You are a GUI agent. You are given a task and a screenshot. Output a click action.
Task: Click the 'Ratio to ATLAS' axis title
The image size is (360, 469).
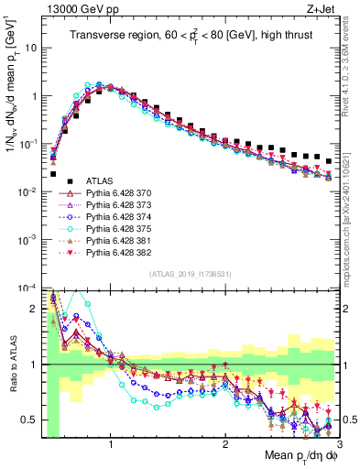(13, 363)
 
